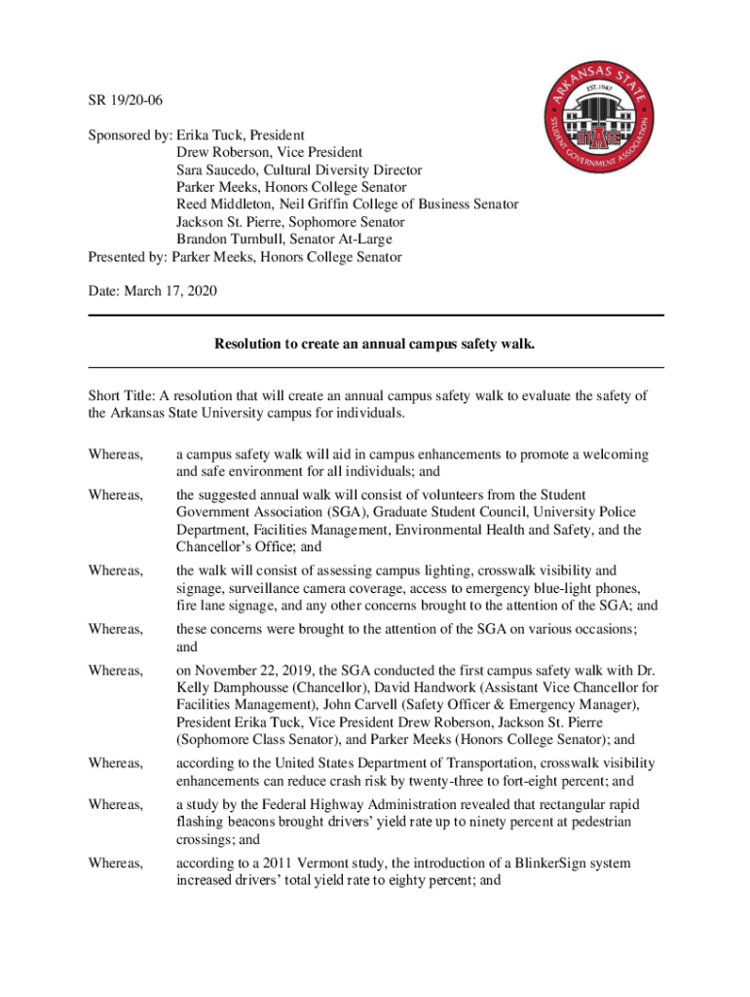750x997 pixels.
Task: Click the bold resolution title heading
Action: [x=375, y=344]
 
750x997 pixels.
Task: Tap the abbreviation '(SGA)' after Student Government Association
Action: [x=301, y=512]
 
